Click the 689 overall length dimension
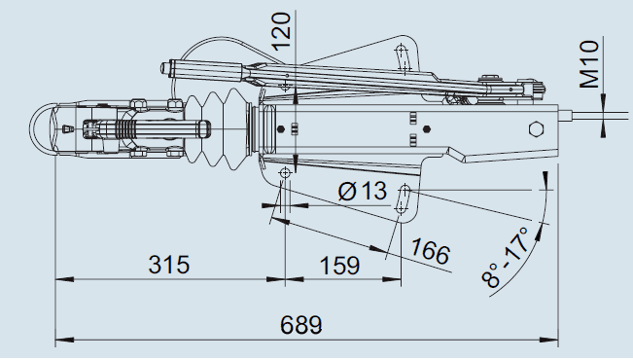301,324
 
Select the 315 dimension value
169,265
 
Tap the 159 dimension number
339,266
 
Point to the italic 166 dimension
430,251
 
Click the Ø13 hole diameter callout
362,191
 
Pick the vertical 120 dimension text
281,31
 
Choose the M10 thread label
589,64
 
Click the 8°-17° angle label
505,257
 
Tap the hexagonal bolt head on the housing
536,129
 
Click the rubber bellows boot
218,128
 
